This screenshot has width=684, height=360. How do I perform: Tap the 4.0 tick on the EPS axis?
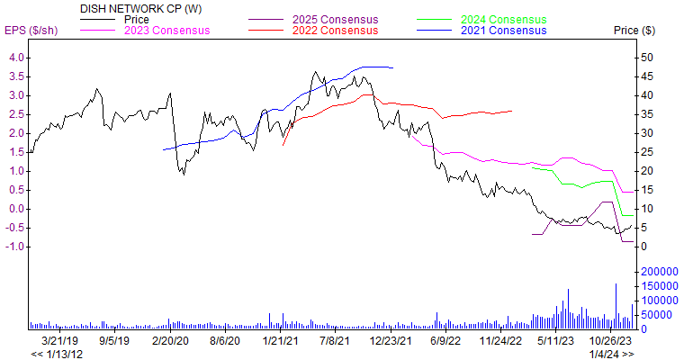pos(16,58)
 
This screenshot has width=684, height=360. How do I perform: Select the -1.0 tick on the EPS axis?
pos(14,247)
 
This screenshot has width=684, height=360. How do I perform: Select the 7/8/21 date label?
pos(335,342)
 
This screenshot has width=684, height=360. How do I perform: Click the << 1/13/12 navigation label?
pos(57,355)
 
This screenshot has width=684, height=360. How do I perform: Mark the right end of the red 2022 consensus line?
pos(512,111)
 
